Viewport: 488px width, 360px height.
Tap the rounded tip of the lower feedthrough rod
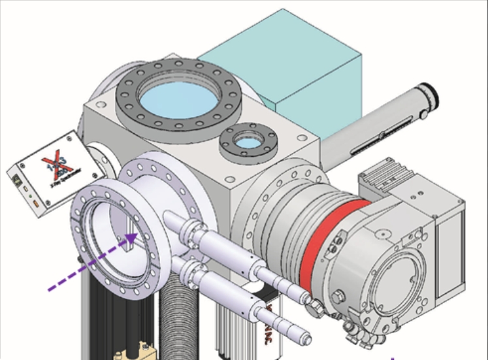[x=306, y=339]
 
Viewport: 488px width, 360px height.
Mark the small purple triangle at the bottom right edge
[x=393, y=357]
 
